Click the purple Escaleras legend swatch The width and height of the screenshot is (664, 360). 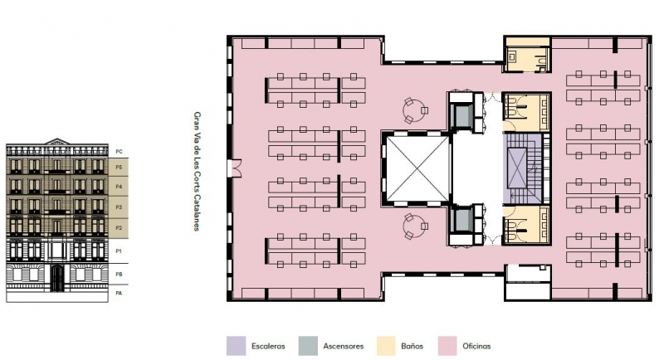coord(236,346)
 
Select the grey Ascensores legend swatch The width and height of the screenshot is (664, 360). coord(308,346)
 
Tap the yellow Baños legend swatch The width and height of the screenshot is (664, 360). coord(386,346)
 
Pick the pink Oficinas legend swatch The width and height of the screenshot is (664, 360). coord(447,346)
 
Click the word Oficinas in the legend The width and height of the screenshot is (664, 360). coord(476,346)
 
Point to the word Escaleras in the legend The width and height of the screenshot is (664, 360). coord(268,346)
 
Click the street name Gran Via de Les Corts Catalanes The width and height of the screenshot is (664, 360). coord(197,172)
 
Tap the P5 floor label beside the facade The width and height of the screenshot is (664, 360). coord(119,167)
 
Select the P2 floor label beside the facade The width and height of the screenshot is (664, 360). coord(119,228)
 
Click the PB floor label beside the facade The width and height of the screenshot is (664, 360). coord(119,274)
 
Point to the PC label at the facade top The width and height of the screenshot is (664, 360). coord(119,152)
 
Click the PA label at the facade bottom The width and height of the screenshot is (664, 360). coord(119,293)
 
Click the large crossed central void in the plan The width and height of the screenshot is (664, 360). coord(417,168)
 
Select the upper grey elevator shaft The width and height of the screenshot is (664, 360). coord(461,114)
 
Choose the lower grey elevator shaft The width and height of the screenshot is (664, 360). coord(461,220)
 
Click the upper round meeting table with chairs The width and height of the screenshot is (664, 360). coord(414,110)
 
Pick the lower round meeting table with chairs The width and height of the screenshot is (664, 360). coord(414,226)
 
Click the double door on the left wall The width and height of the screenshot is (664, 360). coord(235,168)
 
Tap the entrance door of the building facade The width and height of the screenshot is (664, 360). coord(57,278)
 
